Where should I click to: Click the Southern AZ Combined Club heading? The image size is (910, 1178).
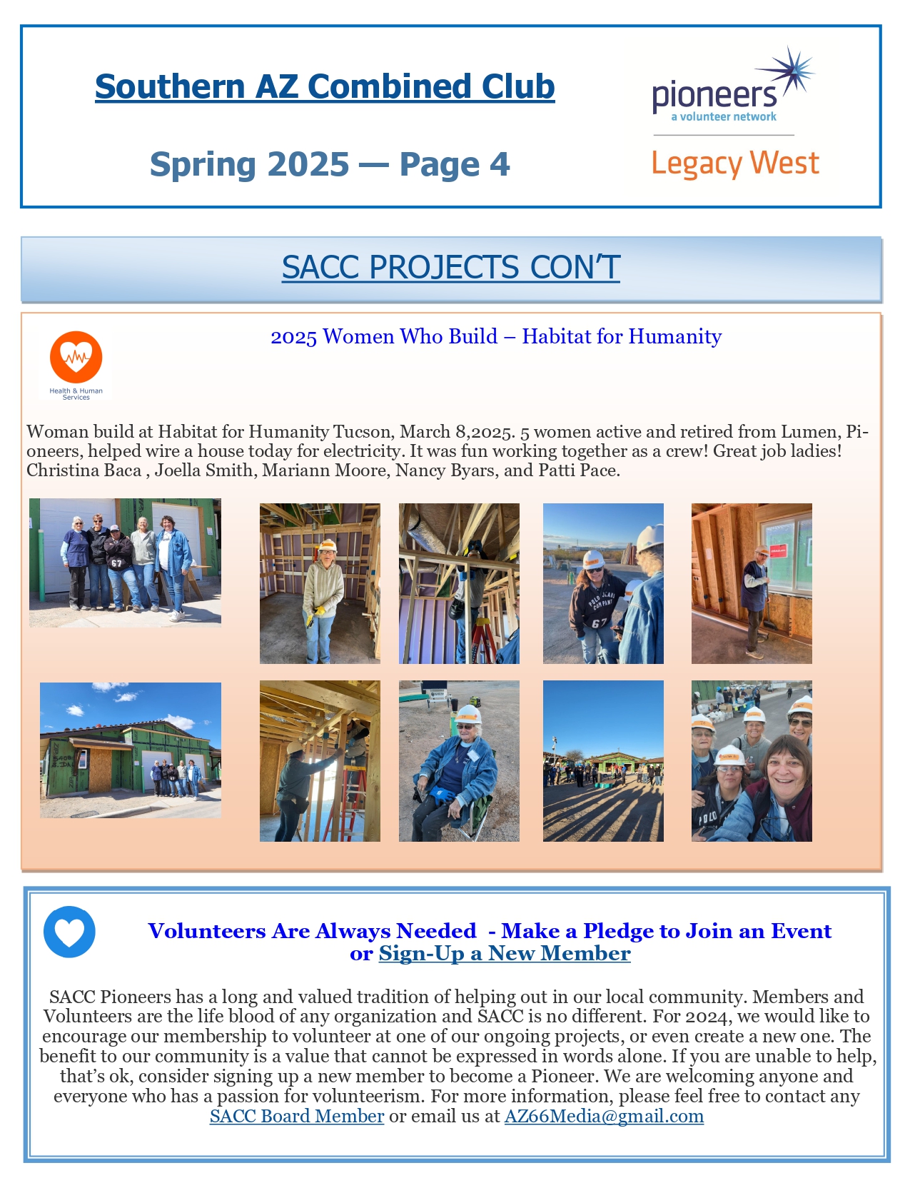(325, 87)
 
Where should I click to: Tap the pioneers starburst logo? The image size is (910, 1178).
(734, 86)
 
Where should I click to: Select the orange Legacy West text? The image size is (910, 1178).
(735, 163)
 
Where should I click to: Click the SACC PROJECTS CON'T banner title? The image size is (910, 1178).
(450, 268)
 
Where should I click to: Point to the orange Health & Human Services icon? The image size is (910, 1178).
(76, 358)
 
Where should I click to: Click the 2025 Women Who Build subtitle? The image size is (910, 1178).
(496, 336)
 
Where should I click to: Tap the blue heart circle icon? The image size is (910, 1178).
(69, 932)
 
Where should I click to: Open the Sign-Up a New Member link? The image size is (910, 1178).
(505, 954)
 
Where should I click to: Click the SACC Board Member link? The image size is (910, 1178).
(297, 1116)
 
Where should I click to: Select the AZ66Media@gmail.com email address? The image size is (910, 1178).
(604, 1116)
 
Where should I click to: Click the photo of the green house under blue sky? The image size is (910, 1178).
(131, 750)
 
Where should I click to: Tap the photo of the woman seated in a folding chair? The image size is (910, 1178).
(459, 761)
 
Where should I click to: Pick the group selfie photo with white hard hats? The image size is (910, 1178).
(752, 761)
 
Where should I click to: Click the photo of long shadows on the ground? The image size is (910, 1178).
(603, 761)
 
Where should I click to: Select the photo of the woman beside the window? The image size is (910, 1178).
(752, 583)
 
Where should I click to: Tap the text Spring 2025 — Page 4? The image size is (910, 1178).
(330, 164)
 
